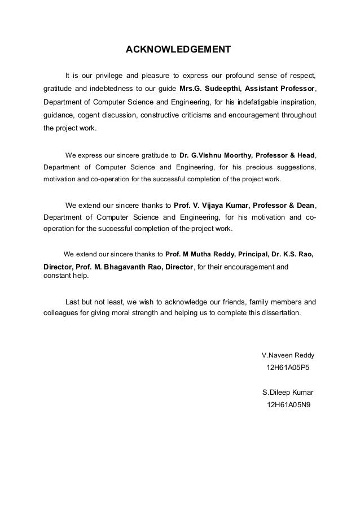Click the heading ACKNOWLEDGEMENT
[x=178, y=49]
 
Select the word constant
[x=58, y=276]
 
